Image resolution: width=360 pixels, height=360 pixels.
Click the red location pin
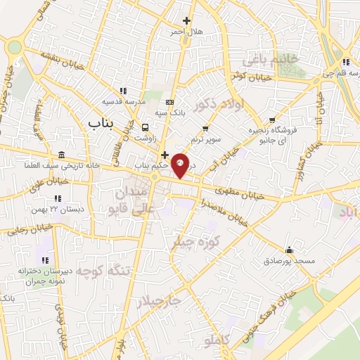pos(180,165)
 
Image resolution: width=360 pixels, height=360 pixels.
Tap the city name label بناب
pos(101,124)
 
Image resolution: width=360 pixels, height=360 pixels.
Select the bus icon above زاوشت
pos(145,127)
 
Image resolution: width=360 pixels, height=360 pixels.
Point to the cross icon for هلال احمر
pos(186,20)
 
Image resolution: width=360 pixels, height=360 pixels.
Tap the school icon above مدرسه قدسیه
pos(124,91)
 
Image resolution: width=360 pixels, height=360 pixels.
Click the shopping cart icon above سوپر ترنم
pos(205,128)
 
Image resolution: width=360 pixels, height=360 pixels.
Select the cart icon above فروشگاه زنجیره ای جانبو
pos(272,120)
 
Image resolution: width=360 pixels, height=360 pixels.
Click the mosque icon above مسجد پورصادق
pos(289,250)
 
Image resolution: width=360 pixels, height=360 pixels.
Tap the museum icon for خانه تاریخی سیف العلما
pos(62,155)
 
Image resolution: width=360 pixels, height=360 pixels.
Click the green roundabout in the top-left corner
pos(14,47)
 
